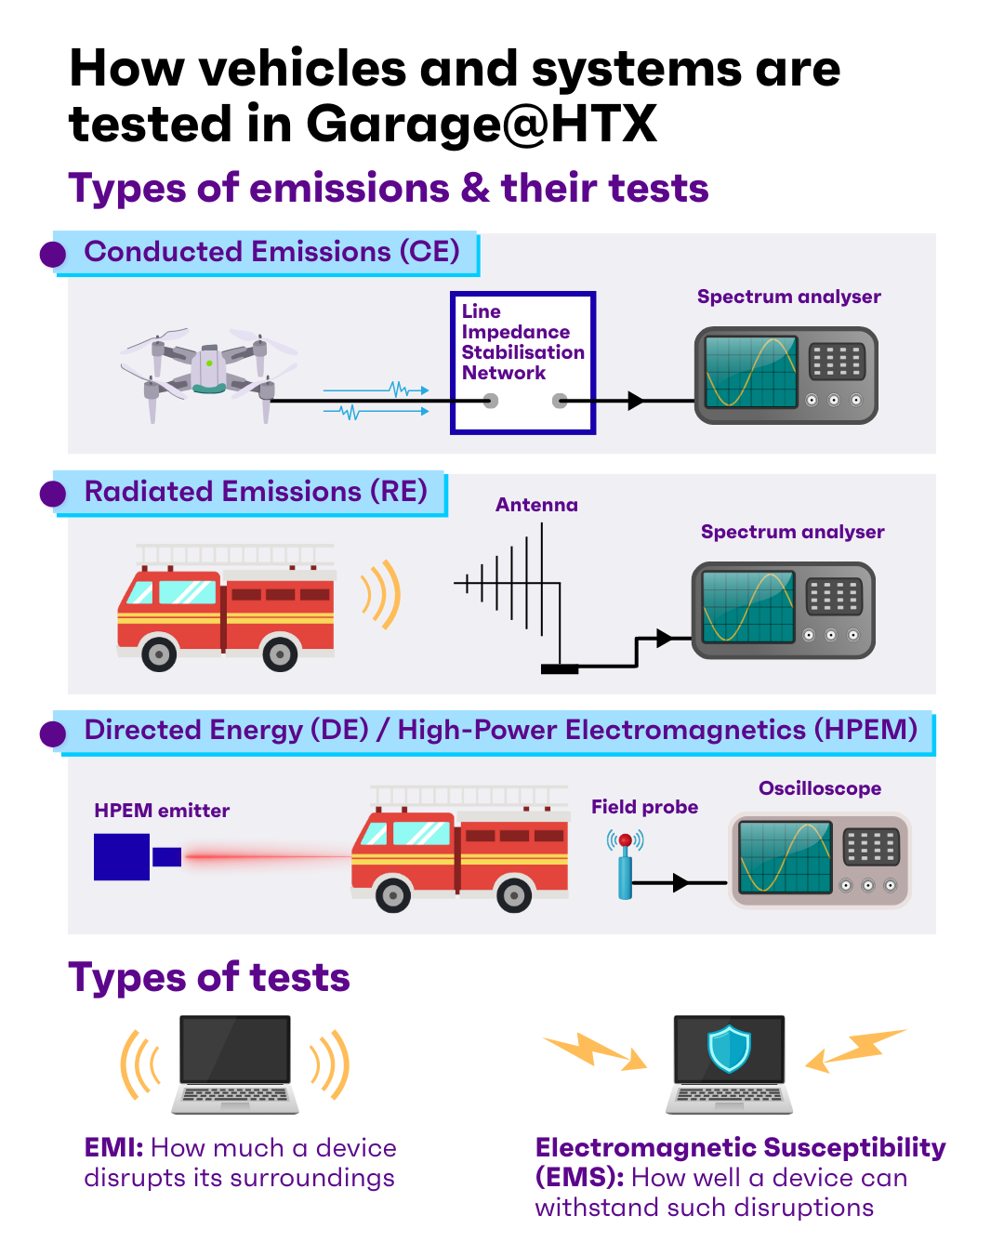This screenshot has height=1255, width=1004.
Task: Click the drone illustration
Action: [209, 372]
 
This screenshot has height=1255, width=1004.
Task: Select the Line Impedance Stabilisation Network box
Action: [522, 363]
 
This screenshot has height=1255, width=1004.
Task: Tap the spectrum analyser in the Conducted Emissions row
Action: [786, 376]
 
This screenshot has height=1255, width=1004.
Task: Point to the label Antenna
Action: [536, 505]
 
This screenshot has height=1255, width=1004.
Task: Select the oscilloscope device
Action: [819, 859]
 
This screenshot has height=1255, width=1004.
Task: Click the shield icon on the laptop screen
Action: [729, 1049]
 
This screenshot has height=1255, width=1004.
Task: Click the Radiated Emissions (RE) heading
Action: [256, 492]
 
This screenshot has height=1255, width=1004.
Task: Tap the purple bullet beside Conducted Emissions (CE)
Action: [53, 255]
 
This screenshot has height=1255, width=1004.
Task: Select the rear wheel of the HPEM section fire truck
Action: [514, 895]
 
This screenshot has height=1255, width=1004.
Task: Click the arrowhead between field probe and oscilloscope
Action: [680, 882]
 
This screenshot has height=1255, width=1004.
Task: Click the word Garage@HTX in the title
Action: [482, 125]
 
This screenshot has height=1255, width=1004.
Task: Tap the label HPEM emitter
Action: [162, 811]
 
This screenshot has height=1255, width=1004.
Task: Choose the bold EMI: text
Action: [113, 1148]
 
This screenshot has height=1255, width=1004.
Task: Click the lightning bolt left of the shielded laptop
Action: [595, 1050]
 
